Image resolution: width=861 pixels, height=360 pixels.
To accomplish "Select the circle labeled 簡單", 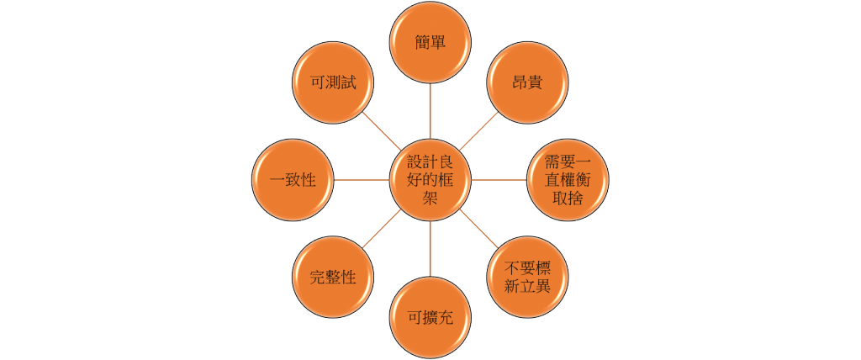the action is click(430, 42).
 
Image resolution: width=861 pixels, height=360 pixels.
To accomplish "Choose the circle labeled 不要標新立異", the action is click(527, 278).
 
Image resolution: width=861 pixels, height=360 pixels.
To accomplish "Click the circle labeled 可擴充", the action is click(430, 318).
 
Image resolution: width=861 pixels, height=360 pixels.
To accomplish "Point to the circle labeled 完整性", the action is click(333, 278).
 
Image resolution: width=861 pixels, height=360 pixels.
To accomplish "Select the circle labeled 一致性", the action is click(293, 180).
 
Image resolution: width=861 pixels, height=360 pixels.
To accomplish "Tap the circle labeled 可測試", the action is click(333, 82).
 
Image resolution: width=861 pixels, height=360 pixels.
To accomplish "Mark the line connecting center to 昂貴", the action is click(478, 131).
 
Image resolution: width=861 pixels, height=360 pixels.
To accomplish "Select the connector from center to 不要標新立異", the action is click(478, 229).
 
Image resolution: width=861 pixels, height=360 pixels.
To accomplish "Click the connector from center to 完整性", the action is click(382, 229).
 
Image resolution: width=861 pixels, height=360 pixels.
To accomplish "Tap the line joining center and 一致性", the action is click(362, 180).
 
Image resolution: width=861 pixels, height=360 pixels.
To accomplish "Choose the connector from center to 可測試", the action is click(382, 131).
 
